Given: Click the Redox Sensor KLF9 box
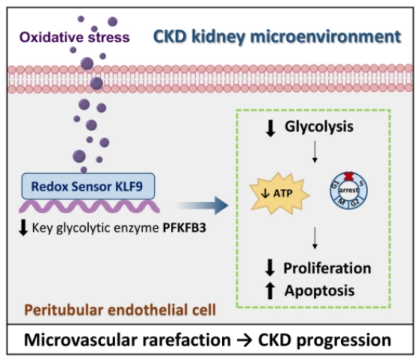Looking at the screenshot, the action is pyautogui.click(x=88, y=186).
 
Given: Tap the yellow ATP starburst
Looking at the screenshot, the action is pyautogui.click(x=279, y=194).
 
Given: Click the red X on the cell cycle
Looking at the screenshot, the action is pyautogui.click(x=348, y=176).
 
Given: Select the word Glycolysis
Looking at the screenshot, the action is pyautogui.click(x=319, y=127).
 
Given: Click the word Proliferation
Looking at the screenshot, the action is pyautogui.click(x=327, y=268).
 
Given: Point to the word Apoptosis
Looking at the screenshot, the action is pyautogui.click(x=320, y=291).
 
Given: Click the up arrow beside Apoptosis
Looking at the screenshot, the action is pyautogui.click(x=270, y=291).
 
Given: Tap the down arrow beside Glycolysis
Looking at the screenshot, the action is pyautogui.click(x=270, y=128).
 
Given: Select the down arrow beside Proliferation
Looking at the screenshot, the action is pyautogui.click(x=270, y=267).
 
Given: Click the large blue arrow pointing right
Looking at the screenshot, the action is pyautogui.click(x=202, y=206).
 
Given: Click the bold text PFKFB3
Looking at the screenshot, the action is pyautogui.click(x=184, y=228).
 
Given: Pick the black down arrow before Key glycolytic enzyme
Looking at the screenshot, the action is pyautogui.click(x=23, y=227).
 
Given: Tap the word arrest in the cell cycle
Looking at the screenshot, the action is pyautogui.click(x=348, y=190).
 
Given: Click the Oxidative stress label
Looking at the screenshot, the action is pyautogui.click(x=75, y=37).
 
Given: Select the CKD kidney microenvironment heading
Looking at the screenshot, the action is pyautogui.click(x=277, y=37).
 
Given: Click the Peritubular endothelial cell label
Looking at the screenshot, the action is pyautogui.click(x=120, y=310).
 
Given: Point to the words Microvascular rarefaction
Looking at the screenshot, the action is pyautogui.click(x=127, y=340).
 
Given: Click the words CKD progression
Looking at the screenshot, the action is pyautogui.click(x=324, y=340).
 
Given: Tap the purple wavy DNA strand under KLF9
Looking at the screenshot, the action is pyautogui.click(x=90, y=206).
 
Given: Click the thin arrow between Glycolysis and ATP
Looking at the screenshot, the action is pyautogui.click(x=315, y=151).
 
